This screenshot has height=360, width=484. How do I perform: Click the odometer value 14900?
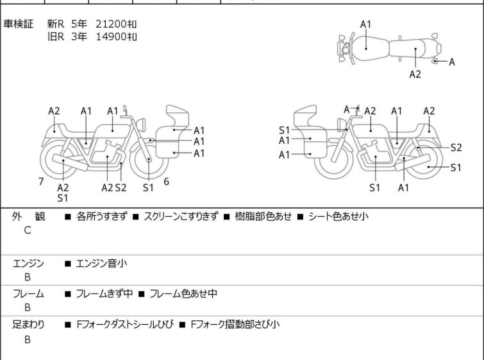click(111, 37)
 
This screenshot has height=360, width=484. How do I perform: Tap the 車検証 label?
click(18, 24)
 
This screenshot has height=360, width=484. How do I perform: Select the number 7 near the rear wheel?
click(41, 182)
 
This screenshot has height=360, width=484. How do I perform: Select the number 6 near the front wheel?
click(167, 182)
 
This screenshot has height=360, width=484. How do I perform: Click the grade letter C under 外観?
click(28, 230)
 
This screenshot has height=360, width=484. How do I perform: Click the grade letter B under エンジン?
click(28, 277)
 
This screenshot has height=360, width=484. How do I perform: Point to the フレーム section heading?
click(28, 293)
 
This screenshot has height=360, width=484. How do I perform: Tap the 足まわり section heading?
click(28, 325)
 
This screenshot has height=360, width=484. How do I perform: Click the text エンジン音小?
click(101, 263)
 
